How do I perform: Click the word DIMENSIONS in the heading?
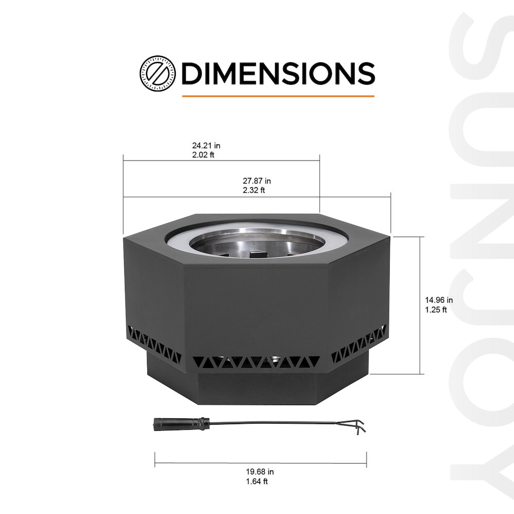[x=278, y=73]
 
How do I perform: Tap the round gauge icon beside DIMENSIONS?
[x=157, y=74]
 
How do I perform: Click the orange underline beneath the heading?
[x=278, y=96]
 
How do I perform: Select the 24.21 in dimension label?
[x=206, y=145]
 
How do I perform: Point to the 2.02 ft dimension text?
[x=203, y=155]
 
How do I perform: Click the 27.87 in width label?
[x=256, y=180]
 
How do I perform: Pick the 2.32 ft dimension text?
[x=254, y=190]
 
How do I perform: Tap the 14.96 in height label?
[x=439, y=300]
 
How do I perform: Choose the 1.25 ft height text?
[x=436, y=309]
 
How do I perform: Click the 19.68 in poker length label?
[x=260, y=472]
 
